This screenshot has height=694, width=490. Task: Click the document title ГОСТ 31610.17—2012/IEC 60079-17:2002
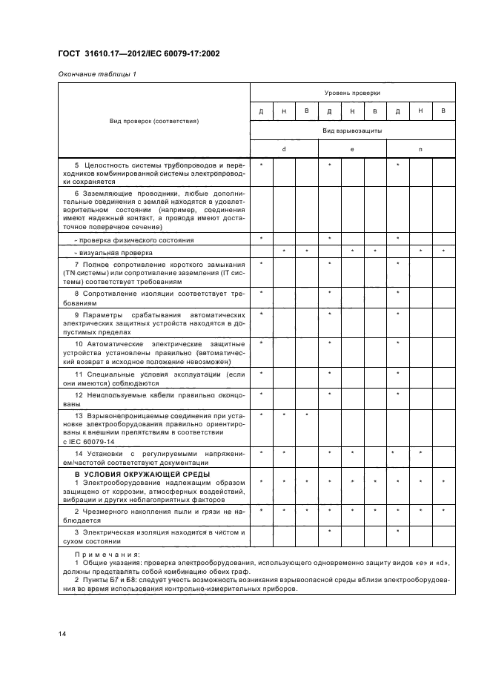(139, 53)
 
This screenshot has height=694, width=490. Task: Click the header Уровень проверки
(352, 93)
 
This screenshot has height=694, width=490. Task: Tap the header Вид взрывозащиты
(352, 130)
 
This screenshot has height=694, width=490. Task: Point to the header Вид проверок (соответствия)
(154, 120)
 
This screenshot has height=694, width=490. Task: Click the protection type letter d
(284, 149)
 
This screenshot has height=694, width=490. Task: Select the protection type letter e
(352, 149)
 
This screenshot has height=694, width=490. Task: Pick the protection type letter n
(420, 149)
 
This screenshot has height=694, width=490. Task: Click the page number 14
(62, 632)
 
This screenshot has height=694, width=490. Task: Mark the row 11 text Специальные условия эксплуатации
(154, 378)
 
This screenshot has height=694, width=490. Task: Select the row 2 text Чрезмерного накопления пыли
(154, 515)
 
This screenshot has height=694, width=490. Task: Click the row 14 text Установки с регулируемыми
(154, 457)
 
